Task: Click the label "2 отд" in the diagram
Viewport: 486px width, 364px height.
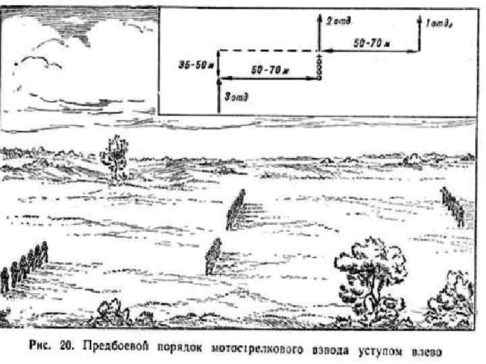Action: pyautogui.click(x=338, y=22)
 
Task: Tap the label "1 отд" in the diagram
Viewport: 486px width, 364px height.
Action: pyautogui.click(x=439, y=24)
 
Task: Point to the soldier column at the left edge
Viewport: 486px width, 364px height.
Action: pyautogui.click(x=24, y=267)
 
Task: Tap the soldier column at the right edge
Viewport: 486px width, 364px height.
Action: pyautogui.click(x=452, y=205)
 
